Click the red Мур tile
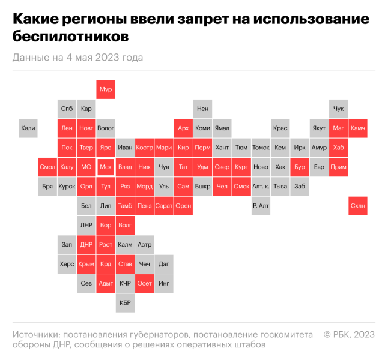pyautogui.click(x=106, y=89)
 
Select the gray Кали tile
pyautogui.click(x=28, y=128)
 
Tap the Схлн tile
pyautogui.click(x=357, y=206)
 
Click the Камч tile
pyautogui.click(x=357, y=128)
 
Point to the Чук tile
pyautogui.click(x=338, y=109)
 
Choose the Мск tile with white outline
pyautogui.click(x=106, y=167)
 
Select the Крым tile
pyautogui.click(x=86, y=264)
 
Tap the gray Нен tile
pyautogui.click(x=203, y=109)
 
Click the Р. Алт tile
pyautogui.click(x=261, y=206)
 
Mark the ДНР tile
pyautogui.click(x=86, y=245)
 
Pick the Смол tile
pyautogui.click(x=47, y=167)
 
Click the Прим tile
pyautogui.click(x=338, y=167)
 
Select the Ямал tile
pyautogui.click(x=222, y=128)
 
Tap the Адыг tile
pyautogui.click(x=106, y=283)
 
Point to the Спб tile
pyautogui.click(x=67, y=109)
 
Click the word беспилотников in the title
pyautogui.click(x=70, y=37)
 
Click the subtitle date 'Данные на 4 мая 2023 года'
pyautogui.click(x=77, y=58)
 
